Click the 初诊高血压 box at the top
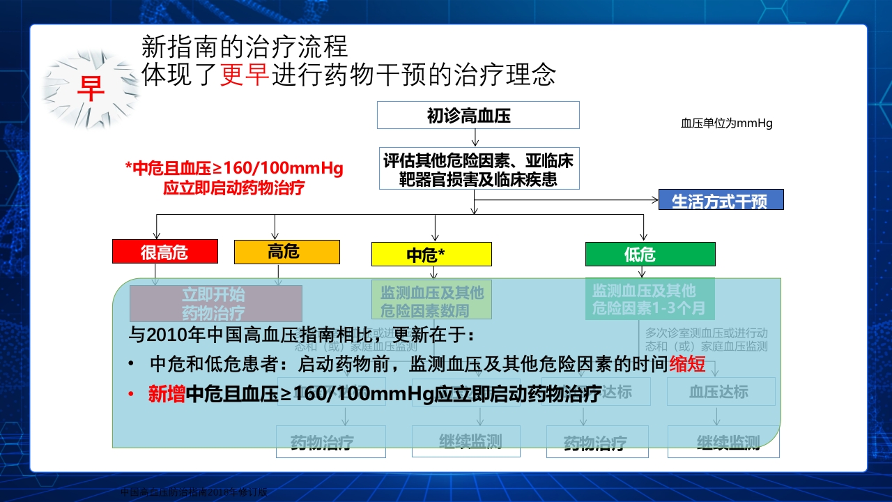pyautogui.click(x=478, y=115)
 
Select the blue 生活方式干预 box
pyautogui.click(x=721, y=200)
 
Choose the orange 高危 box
pyautogui.click(x=286, y=252)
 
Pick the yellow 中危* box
pyautogui.click(x=431, y=254)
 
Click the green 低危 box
pyautogui.click(x=649, y=254)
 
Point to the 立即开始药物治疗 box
pyautogui.click(x=215, y=303)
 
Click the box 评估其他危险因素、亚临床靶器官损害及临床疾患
pyautogui.click(x=478, y=169)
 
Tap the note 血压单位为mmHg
pyautogui.click(x=726, y=123)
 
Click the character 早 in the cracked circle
pyautogui.click(x=90, y=88)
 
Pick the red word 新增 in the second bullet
pyautogui.click(x=167, y=394)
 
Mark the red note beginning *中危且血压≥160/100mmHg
pyautogui.click(x=234, y=178)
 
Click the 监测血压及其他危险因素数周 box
pyautogui.click(x=431, y=300)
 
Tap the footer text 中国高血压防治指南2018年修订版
pyautogui.click(x=194, y=492)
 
